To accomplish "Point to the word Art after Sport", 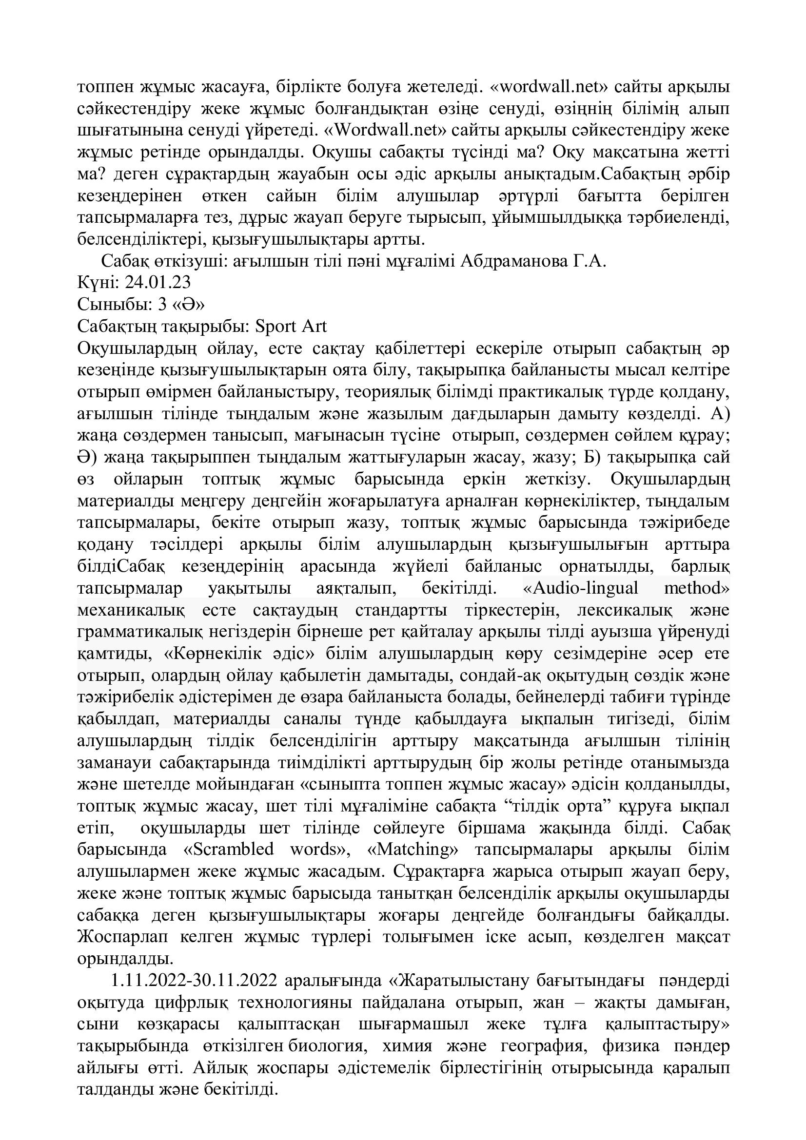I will click(x=314, y=326).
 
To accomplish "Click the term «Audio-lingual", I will click(x=581, y=588).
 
